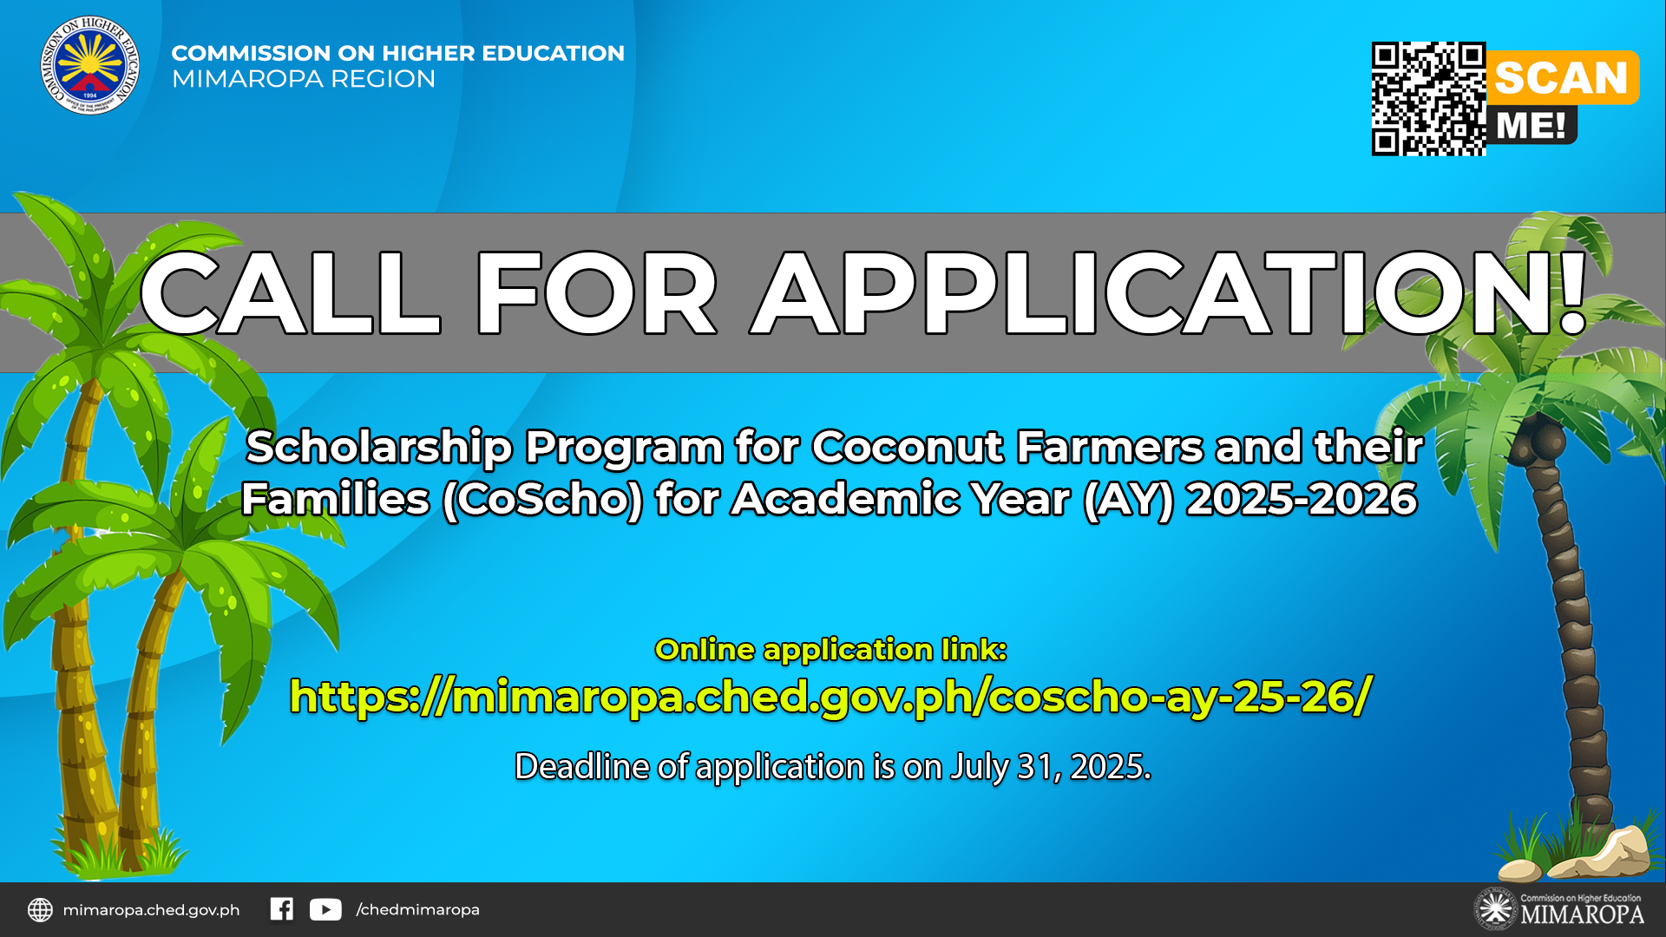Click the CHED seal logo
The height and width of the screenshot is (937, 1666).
pyautogui.click(x=90, y=65)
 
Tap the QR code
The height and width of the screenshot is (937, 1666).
pyautogui.click(x=1428, y=99)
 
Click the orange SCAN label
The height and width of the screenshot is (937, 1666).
pyautogui.click(x=1562, y=77)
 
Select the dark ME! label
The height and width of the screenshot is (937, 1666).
pyautogui.click(x=1532, y=125)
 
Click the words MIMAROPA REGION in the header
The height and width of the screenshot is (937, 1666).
pyautogui.click(x=304, y=79)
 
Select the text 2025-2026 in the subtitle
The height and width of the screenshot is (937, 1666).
pyautogui.click(x=1302, y=499)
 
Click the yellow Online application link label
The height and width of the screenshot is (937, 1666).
pyautogui.click(x=830, y=649)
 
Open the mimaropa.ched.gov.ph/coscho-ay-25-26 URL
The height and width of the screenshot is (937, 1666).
pyautogui.click(x=830, y=697)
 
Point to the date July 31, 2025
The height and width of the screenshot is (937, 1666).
pyautogui.click(x=1051, y=767)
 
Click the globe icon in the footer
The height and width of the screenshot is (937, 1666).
pyautogui.click(x=40, y=909)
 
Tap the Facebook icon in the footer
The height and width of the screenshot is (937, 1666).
pyautogui.click(x=281, y=908)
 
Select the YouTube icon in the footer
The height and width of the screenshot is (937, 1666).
pyautogui.click(x=325, y=909)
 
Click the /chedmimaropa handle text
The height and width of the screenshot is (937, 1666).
pyautogui.click(x=417, y=909)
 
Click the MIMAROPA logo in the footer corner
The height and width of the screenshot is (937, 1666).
pyautogui.click(x=1558, y=909)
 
